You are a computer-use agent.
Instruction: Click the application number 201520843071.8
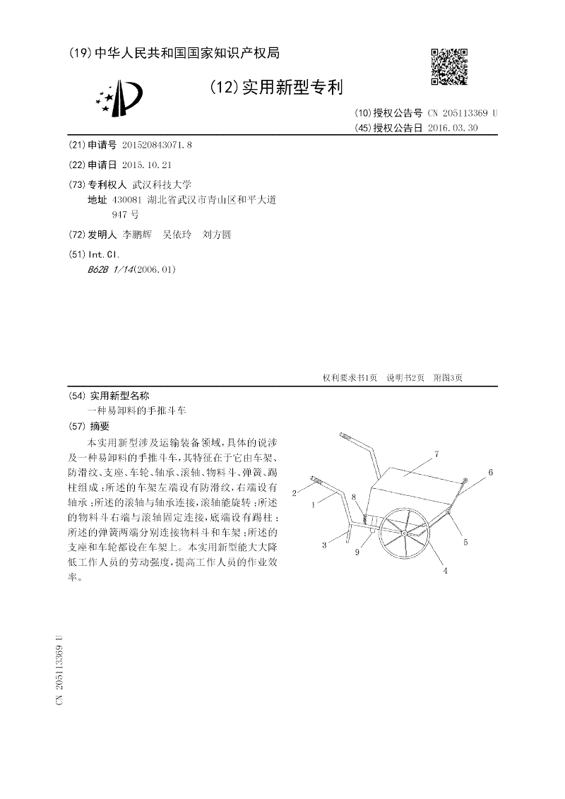pos(157,144)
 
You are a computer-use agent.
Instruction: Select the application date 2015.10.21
pos(147,164)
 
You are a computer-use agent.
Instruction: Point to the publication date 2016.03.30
pos(453,128)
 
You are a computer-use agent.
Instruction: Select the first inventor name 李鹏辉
pos(137,235)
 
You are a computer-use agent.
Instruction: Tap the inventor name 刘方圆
pos(217,235)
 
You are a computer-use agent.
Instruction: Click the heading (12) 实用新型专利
pos(276,88)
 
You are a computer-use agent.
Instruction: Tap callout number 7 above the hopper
pos(437,454)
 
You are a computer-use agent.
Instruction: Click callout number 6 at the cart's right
pos(490,471)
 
